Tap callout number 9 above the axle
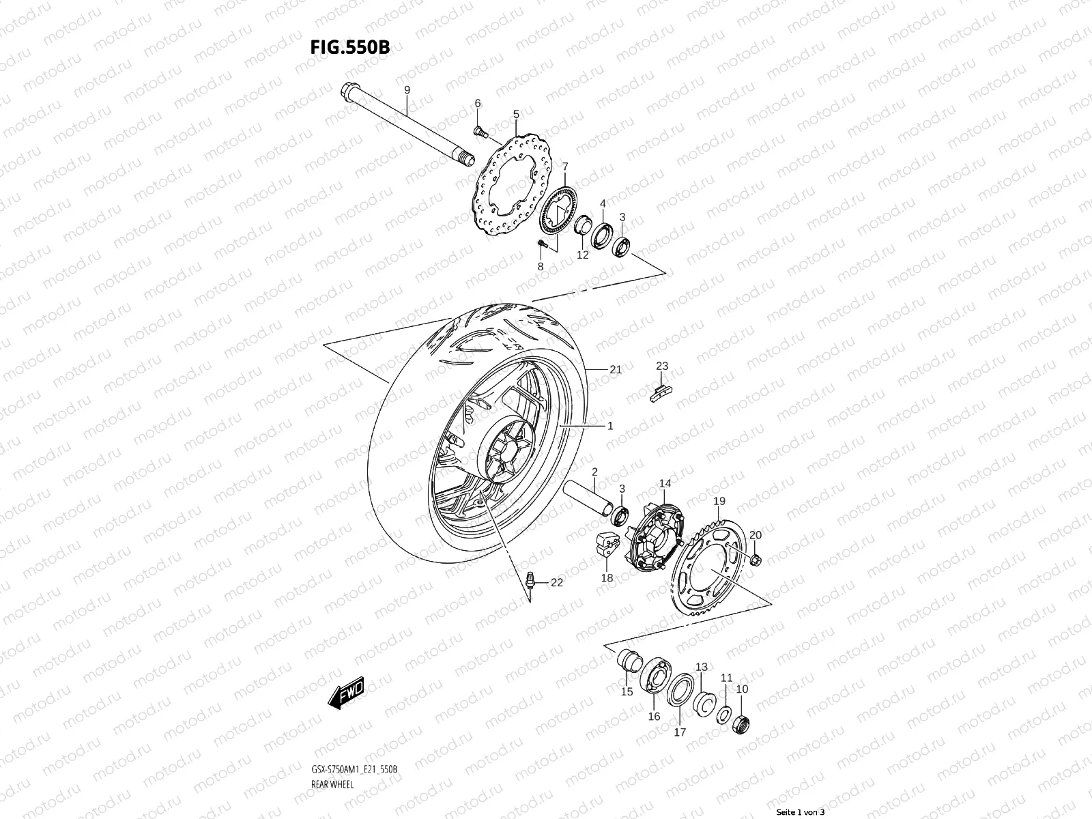407,90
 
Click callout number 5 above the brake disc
516,114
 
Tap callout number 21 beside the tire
615,370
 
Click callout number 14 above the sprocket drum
665,483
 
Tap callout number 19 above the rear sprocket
719,502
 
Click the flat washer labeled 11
723,715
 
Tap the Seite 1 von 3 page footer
800,812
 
